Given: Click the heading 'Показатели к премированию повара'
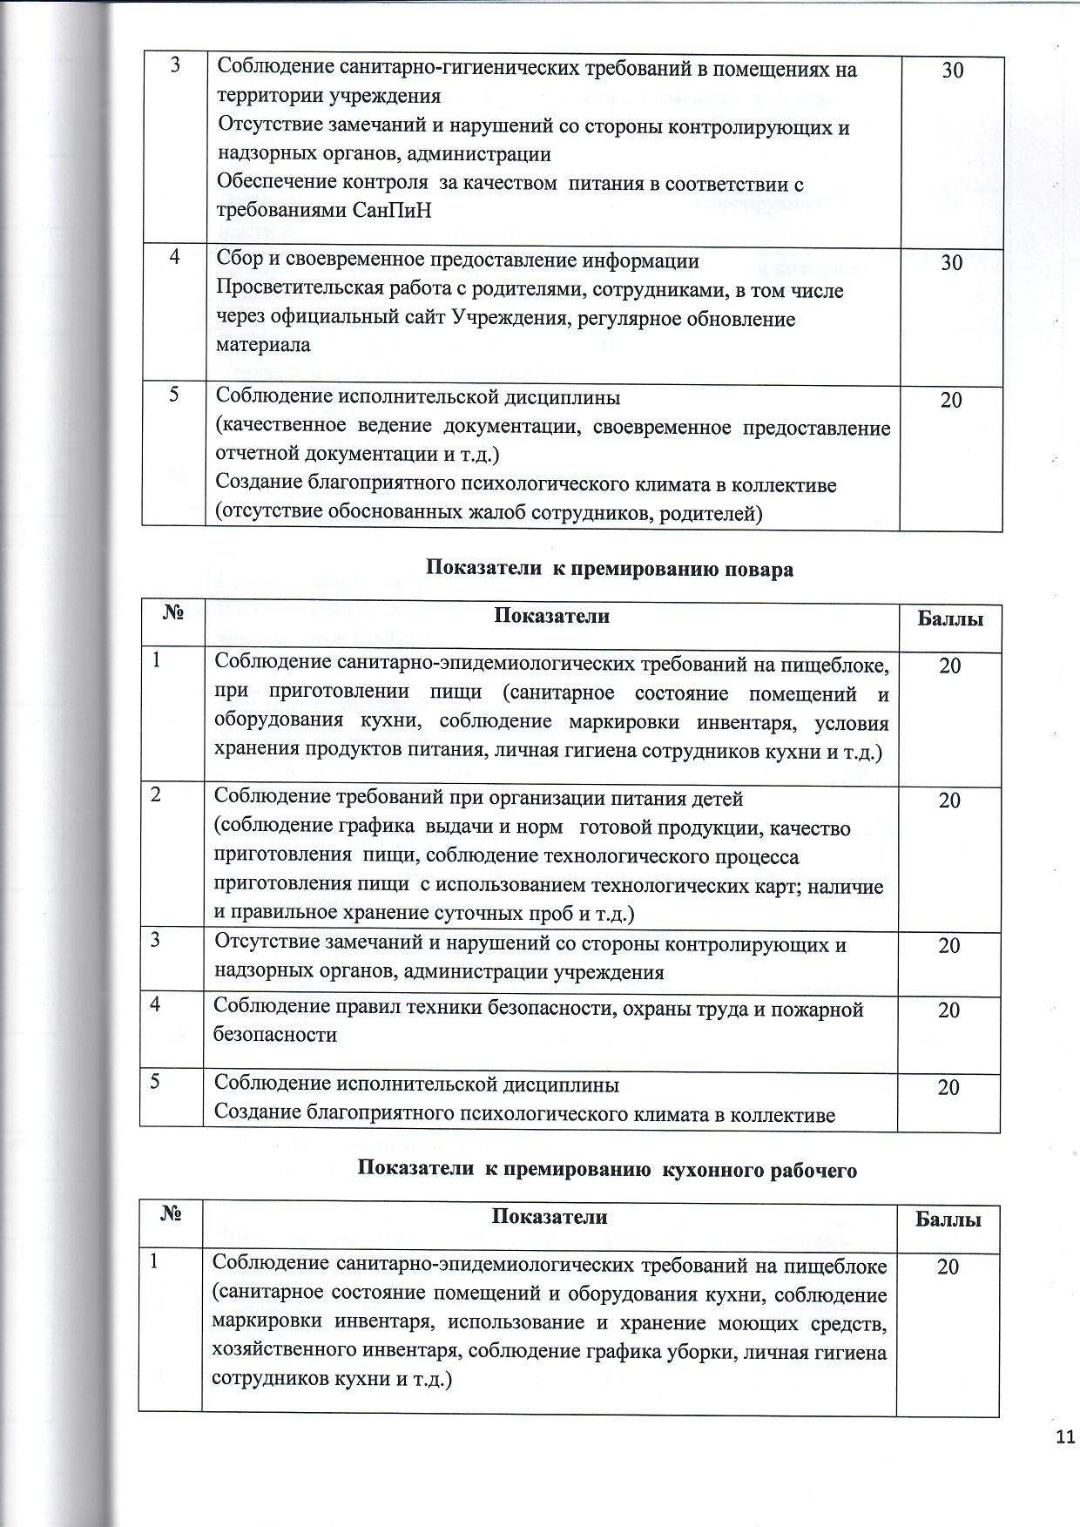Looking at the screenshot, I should [x=609, y=570].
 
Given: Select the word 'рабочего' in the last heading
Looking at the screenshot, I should [x=813, y=1171].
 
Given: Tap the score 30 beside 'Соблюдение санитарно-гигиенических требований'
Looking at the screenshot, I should [x=952, y=71].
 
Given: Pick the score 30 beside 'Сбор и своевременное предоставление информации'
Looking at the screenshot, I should [x=951, y=263].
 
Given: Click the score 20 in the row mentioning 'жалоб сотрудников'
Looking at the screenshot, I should [x=951, y=401].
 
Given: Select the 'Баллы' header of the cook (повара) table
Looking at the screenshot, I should [x=950, y=619].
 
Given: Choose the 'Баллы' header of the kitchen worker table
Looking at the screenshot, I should [x=948, y=1220].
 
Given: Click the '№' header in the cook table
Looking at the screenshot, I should [x=172, y=614].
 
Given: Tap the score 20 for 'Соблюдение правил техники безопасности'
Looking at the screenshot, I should [x=948, y=1010].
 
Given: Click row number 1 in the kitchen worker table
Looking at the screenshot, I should [x=154, y=1260].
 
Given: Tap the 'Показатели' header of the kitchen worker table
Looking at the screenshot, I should [x=549, y=1217].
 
